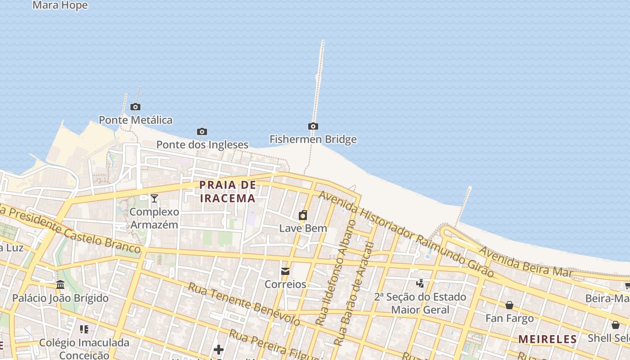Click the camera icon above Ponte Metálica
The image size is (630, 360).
tap(135, 107)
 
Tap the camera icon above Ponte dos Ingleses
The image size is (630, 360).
tap(202, 131)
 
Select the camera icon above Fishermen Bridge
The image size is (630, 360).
tap(313, 126)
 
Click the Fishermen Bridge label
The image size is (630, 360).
tap(313, 139)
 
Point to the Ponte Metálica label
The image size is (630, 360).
tap(135, 120)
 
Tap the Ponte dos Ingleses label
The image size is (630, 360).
tap(202, 144)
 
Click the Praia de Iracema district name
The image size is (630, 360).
tap(228, 191)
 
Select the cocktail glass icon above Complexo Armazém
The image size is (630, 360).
tap(154, 198)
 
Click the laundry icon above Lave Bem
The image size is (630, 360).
tap(303, 215)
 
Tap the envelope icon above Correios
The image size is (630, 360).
tap(285, 271)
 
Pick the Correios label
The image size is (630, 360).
tap(285, 284)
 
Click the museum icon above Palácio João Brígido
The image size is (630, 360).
tap(60, 284)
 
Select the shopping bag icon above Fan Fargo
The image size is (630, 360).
tap(509, 305)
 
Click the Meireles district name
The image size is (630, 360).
tap(548, 339)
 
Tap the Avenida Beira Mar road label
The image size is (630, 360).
tap(525, 261)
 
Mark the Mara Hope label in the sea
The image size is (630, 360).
tap(60, 5)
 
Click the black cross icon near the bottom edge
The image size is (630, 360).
tap(219, 349)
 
